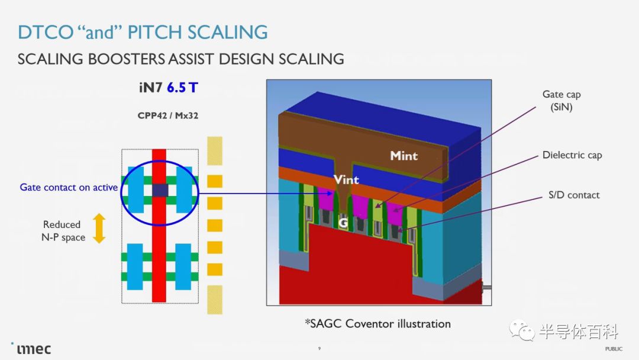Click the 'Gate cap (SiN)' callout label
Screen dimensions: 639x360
tap(561, 101)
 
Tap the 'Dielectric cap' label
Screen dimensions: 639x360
tap(572, 155)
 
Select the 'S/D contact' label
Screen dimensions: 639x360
tap(574, 195)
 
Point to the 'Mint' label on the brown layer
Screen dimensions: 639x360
tap(404, 156)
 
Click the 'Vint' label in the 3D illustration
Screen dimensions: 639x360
tap(346, 179)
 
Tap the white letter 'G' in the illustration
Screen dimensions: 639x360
tap(343, 223)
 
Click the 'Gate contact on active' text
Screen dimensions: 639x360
tap(69, 188)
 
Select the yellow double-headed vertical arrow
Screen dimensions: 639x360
tap(99, 229)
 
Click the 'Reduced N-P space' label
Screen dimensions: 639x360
tap(63, 231)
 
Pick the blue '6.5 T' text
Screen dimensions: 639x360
tap(182, 88)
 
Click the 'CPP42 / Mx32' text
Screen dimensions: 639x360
tap(168, 115)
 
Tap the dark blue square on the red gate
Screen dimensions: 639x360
tap(160, 191)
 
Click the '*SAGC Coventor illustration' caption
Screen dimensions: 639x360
tap(377, 324)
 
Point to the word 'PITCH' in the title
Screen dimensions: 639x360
tap(154, 32)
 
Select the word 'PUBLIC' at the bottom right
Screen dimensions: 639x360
tap(614, 349)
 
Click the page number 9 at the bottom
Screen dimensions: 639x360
tap(319, 348)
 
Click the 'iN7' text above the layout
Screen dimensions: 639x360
tap(151, 88)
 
